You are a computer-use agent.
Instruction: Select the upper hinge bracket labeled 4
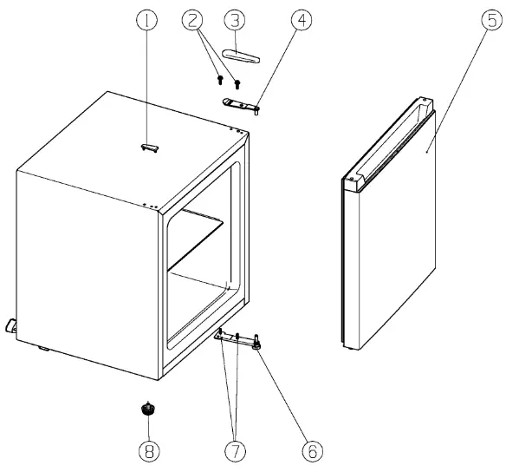[x=240, y=104]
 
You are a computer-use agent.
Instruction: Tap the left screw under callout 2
[x=220, y=81]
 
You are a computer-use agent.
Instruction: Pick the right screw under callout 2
[x=236, y=83]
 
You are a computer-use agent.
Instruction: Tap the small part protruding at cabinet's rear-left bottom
[x=11, y=325]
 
